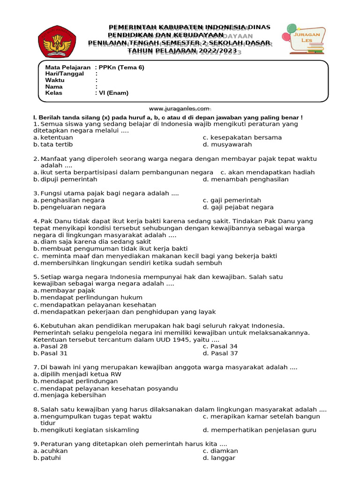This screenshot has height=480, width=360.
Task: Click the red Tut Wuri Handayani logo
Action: pyautogui.click(x=57, y=40)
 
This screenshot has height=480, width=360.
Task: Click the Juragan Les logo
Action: pyautogui.click(x=307, y=38)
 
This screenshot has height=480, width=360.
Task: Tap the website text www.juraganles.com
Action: pyautogui.click(x=180, y=108)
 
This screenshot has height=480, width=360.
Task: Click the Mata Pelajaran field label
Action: pyautogui.click(x=67, y=67)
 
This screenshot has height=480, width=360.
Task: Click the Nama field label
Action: pyautogui.click(x=54, y=87)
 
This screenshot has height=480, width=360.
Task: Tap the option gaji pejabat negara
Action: pyautogui.click(x=242, y=207)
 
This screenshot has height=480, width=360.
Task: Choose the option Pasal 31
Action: pyautogui.click(x=54, y=353)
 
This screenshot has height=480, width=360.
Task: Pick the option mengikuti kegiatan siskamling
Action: pyautogui.click(x=90, y=430)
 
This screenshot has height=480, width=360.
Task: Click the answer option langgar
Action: pyautogui.click(x=223, y=458)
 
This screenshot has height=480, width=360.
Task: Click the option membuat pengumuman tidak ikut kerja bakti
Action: pyautogui.click(x=114, y=249)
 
